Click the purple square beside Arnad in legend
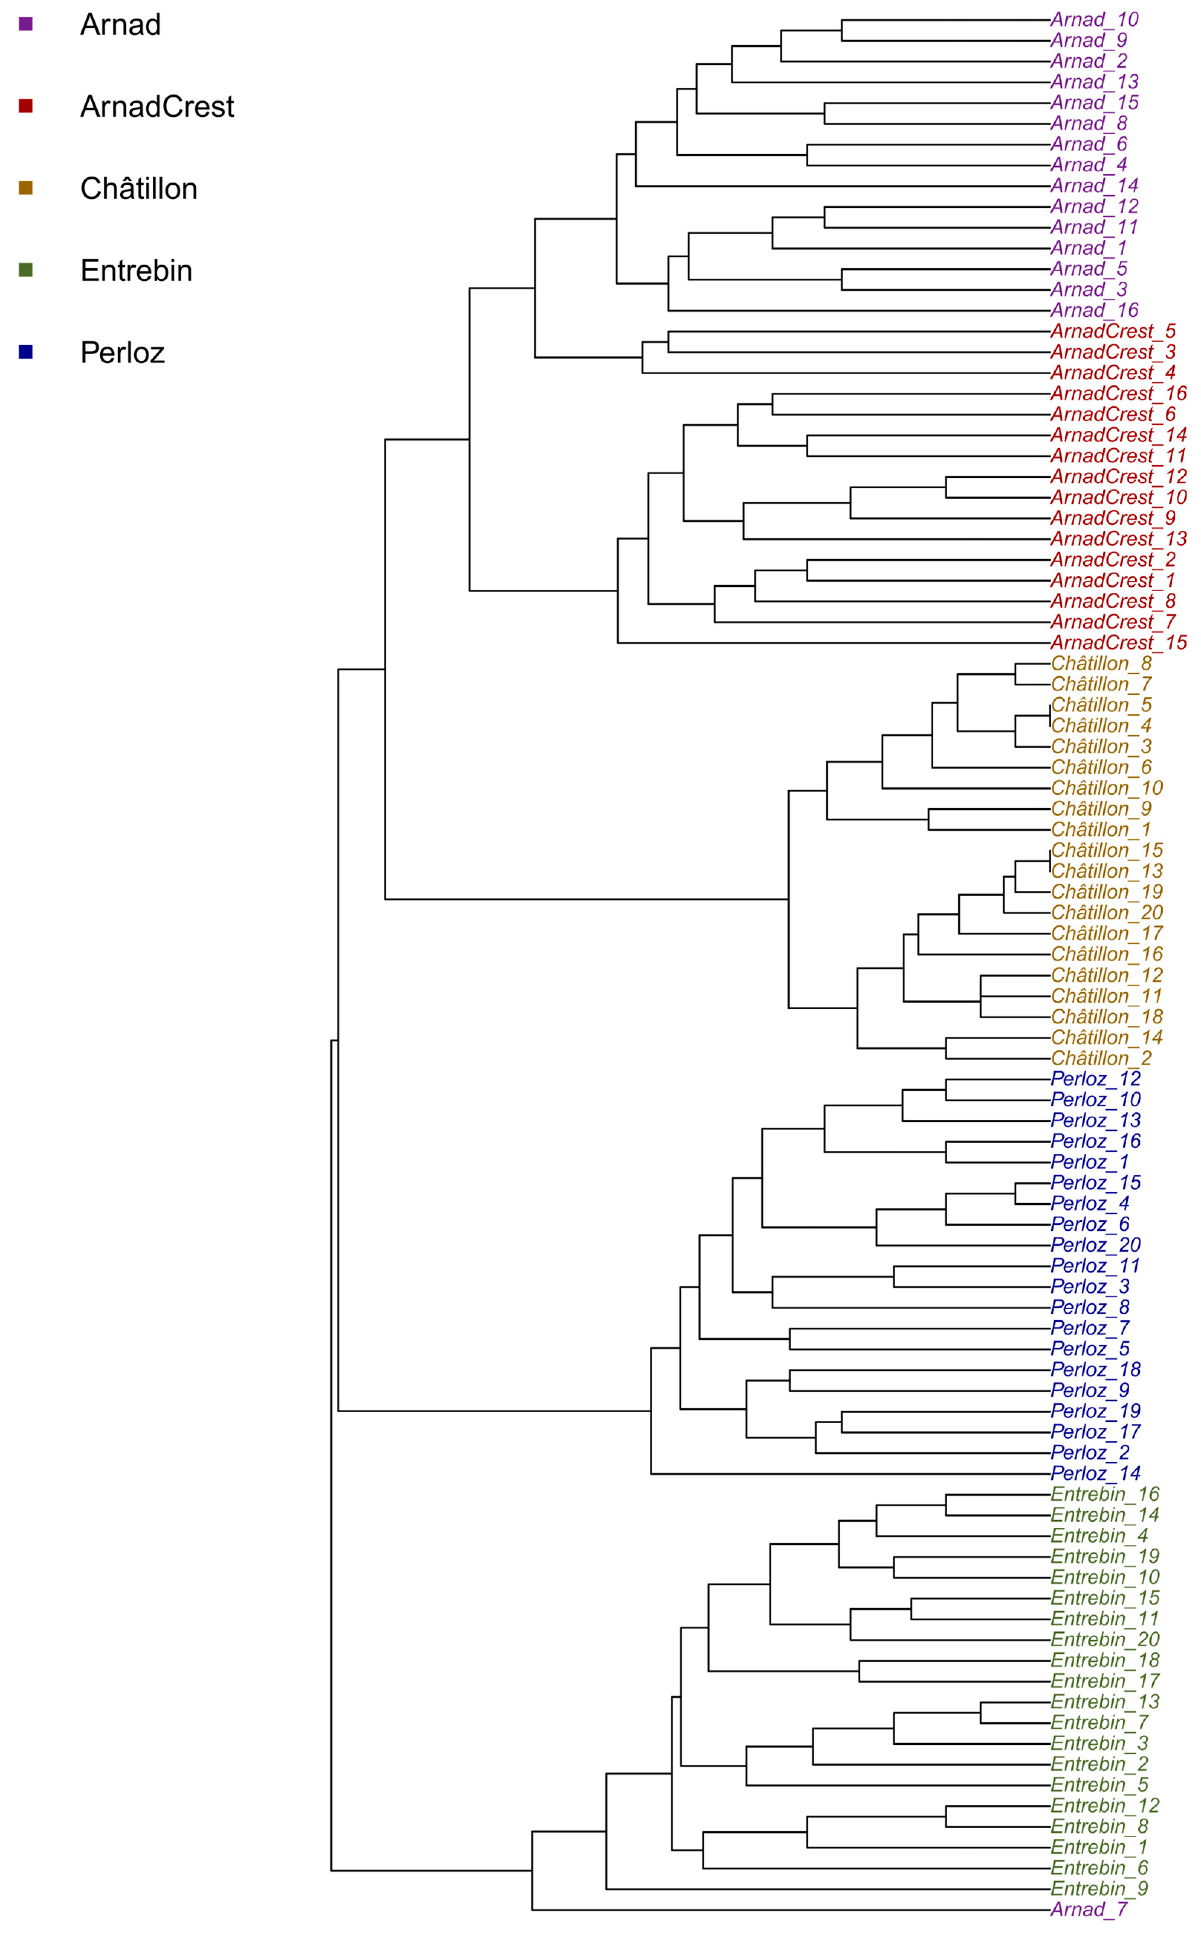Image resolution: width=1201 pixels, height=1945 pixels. [25, 24]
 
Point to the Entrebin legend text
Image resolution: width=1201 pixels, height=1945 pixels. [136, 271]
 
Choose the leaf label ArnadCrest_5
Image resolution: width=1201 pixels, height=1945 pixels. [1112, 331]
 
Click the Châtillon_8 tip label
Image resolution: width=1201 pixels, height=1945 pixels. [1100, 663]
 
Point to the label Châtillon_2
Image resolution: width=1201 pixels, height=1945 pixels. [1100, 1058]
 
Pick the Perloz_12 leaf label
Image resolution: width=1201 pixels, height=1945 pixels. [1094, 1079]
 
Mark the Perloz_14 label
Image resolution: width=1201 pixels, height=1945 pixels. [1094, 1474]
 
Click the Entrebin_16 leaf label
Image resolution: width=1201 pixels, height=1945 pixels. [1104, 1495]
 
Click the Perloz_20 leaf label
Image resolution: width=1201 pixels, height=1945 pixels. [1094, 1245]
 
